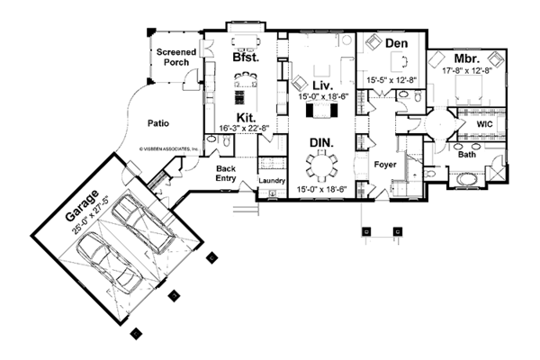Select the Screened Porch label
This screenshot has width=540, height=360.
coord(177,58)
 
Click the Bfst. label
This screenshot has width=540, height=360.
coord(246,56)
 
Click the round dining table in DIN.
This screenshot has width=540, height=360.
coord(321,165)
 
